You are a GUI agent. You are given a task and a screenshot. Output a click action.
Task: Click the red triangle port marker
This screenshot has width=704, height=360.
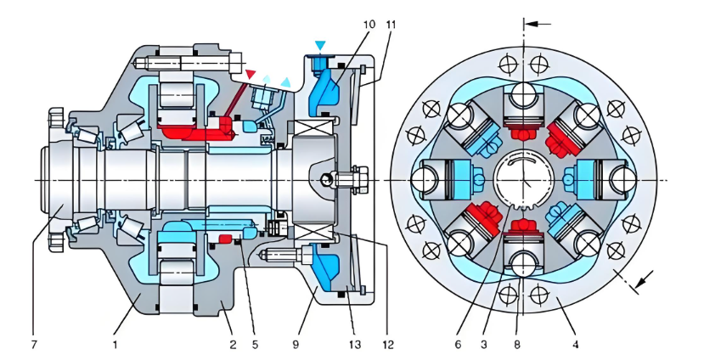coord(250,75)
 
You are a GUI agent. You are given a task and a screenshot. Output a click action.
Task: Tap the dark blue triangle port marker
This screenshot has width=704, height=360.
coord(319,45)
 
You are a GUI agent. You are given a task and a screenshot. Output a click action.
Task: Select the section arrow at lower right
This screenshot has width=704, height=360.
coord(645,277)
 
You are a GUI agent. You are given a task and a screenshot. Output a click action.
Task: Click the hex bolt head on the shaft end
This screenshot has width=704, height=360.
coord(355,179)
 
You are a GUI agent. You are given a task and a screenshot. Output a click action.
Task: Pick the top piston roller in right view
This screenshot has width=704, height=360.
coord(524,93)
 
